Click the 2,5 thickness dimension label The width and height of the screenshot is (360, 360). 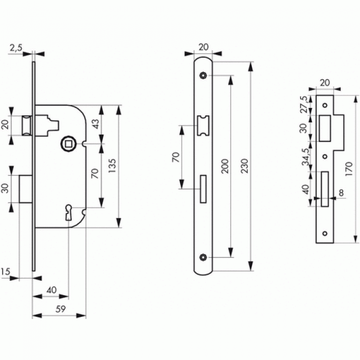pyautogui.click(x=16, y=48)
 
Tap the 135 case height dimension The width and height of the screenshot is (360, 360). pyautogui.click(x=112, y=166)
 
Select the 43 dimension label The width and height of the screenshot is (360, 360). pyautogui.click(x=95, y=124)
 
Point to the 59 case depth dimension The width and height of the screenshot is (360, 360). pyautogui.click(x=60, y=309)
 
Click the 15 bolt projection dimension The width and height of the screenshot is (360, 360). pyautogui.click(x=6, y=271)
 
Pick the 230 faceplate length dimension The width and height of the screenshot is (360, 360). pyautogui.click(x=245, y=166)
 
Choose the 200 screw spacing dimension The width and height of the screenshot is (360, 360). pyautogui.click(x=225, y=166)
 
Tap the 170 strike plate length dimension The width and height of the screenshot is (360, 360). pyautogui.click(x=349, y=169)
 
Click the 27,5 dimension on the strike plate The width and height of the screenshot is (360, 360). pyautogui.click(x=304, y=105)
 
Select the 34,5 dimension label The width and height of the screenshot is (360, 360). pyautogui.click(x=306, y=157)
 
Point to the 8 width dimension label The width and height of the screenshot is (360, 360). pyautogui.click(x=341, y=193)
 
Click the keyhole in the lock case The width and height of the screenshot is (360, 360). pyautogui.click(x=69, y=212)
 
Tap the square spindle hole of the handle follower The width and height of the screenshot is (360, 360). pyautogui.click(x=68, y=144)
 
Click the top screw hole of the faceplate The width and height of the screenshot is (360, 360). pyautogui.click(x=203, y=75)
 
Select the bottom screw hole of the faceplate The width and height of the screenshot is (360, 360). pyautogui.click(x=203, y=258)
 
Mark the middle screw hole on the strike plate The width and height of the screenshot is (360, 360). pyautogui.click(x=325, y=157)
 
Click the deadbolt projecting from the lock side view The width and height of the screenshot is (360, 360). pyautogui.click(x=25, y=189)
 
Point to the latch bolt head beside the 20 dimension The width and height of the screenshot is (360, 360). pyautogui.click(x=27, y=126)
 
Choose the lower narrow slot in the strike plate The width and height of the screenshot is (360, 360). pyautogui.click(x=325, y=189)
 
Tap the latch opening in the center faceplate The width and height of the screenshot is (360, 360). pyautogui.click(x=203, y=126)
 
